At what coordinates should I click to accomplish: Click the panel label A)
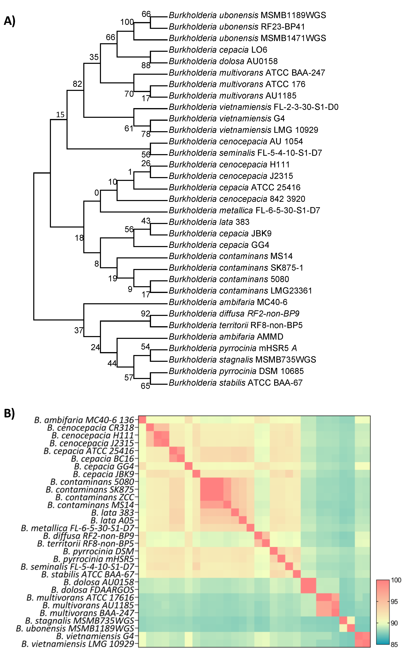pos(9,21)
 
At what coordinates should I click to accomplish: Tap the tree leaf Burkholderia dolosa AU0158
pos(223,61)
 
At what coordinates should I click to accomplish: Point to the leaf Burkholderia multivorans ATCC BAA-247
pos(247,73)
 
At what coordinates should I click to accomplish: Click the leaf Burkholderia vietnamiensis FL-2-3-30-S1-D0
pos(253,107)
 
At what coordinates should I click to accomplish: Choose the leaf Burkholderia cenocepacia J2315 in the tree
pos(231,176)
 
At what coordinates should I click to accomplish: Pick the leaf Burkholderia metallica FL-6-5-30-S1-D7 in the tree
pos(244,210)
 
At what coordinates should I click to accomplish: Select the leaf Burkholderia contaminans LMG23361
pos(240,291)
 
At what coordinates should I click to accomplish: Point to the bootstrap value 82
pos(77,84)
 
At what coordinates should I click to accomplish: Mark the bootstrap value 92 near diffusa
pos(145,314)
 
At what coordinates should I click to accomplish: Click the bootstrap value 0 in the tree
pos(97,193)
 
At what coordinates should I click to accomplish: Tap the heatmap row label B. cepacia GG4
pos(104,466)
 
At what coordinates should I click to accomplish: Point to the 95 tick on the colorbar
pos(394,602)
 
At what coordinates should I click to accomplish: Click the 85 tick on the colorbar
pos(394,645)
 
